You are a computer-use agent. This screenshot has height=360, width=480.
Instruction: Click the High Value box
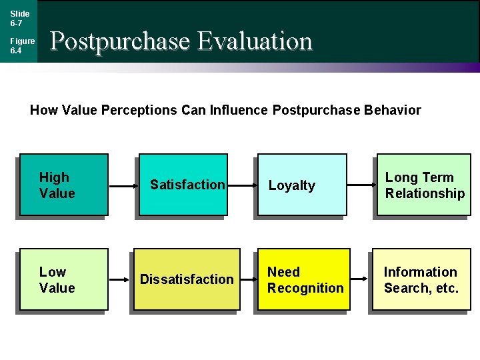pyautogui.click(x=64, y=185)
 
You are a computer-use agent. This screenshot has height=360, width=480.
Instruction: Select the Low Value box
pyautogui.click(x=64, y=279)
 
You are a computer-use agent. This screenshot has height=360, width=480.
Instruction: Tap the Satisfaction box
pyautogui.click(x=181, y=185)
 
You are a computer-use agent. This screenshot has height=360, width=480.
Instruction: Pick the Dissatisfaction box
pyautogui.click(x=187, y=279)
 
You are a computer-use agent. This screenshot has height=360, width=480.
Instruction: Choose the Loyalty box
pyautogui.click(x=302, y=185)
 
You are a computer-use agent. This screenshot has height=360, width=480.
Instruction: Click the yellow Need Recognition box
pyautogui.click(x=305, y=279)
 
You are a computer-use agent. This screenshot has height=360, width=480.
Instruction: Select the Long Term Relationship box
pyautogui.click(x=424, y=185)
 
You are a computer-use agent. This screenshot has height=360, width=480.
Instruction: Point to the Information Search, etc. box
pyautogui.click(x=421, y=279)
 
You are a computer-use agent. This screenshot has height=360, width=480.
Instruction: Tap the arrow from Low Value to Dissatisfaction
pyautogui.click(x=121, y=279)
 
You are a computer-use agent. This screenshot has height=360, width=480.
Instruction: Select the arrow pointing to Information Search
pyautogui.click(x=360, y=279)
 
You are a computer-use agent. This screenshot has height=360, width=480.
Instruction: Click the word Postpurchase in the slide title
pyautogui.click(x=120, y=41)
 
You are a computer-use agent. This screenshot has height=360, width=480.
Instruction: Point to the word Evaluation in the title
pyautogui.click(x=255, y=41)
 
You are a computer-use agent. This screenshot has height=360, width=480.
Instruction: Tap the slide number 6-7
pyautogui.click(x=16, y=23)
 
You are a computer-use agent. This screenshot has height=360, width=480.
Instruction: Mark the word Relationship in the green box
pyautogui.click(x=425, y=193)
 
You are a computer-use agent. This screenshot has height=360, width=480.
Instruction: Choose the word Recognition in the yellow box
pyautogui.click(x=305, y=288)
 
